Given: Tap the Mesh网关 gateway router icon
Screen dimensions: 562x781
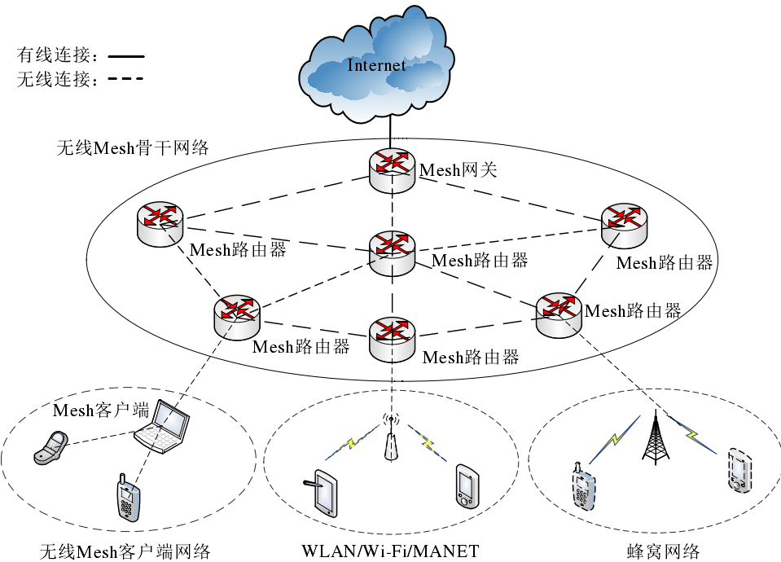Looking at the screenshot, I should click(392, 169).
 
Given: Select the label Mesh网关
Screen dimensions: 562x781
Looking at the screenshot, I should click(458, 170).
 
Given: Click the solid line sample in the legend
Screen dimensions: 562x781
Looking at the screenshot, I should click(125, 57).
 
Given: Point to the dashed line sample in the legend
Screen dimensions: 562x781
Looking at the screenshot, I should click(125, 80).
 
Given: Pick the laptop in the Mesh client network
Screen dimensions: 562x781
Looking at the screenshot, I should click(162, 427).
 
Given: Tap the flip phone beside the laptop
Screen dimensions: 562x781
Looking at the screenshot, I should click(50, 449).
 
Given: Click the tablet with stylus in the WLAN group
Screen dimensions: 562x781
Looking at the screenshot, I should click(324, 491).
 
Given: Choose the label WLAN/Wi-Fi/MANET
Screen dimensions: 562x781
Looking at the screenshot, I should click(390, 551).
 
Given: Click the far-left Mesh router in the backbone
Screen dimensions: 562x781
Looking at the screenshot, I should click(160, 222).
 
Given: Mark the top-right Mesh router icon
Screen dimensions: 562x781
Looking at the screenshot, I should click(625, 222).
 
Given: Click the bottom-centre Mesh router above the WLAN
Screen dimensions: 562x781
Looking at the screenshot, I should click(392, 339).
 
